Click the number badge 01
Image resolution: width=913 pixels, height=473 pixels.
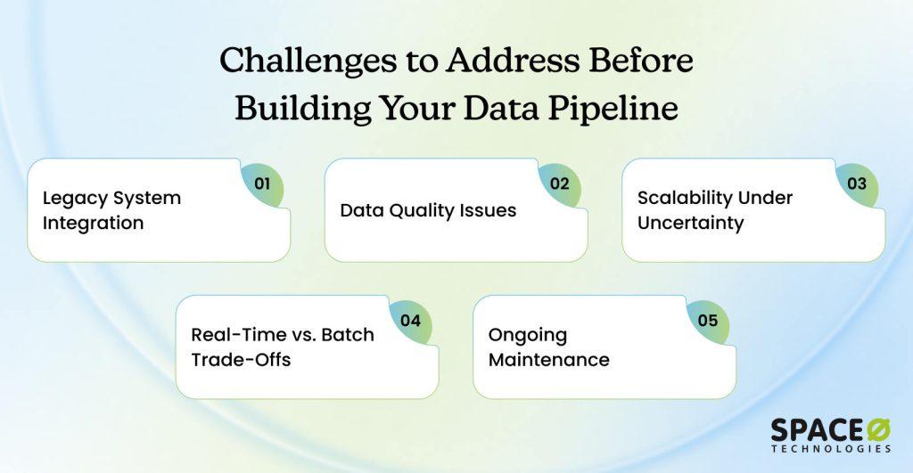click(262, 184)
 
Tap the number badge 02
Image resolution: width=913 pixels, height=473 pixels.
click(560, 184)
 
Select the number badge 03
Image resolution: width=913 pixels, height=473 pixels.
click(857, 184)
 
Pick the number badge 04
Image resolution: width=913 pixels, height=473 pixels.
click(410, 322)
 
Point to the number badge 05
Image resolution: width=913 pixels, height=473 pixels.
click(708, 322)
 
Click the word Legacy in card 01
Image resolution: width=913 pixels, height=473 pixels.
click(74, 199)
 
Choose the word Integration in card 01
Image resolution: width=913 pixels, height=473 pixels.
click(93, 224)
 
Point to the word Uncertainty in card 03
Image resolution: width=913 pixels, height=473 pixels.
click(691, 224)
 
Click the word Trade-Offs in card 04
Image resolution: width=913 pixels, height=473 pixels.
click(241, 360)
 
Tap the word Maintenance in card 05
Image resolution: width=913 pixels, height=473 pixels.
click(549, 360)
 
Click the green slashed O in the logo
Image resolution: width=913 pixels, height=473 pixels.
click(878, 430)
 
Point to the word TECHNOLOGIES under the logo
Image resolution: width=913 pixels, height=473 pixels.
click(832, 449)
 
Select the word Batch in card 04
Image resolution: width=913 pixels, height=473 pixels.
click(348, 335)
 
